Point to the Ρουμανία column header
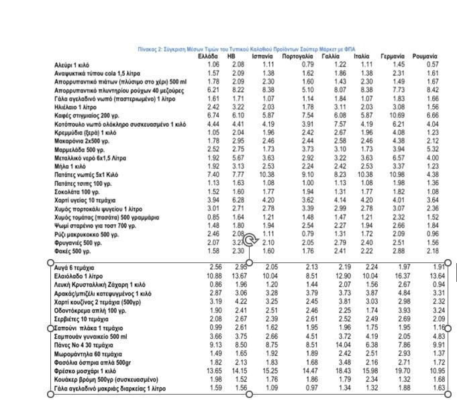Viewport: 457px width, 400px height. [x=425, y=56]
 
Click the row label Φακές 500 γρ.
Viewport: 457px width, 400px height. [x=72, y=251]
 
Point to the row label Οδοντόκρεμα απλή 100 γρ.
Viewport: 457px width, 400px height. [x=91, y=310]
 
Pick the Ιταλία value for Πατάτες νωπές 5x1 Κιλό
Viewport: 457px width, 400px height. [x=365, y=174]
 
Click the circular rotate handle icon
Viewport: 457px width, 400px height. [x=250, y=240]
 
